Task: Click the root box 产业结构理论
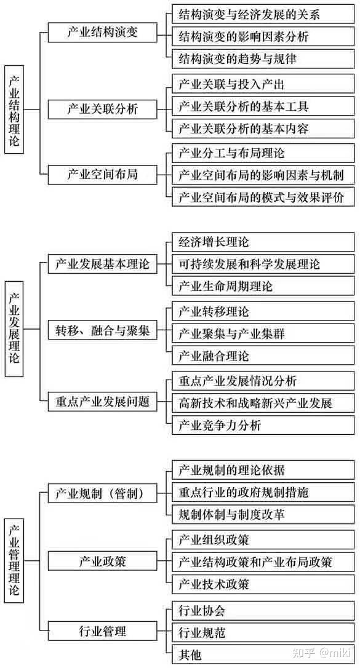(14, 109)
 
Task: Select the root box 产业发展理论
(14, 328)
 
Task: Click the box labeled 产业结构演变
(102, 33)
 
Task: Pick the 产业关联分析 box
(102, 109)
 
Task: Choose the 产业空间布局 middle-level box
(102, 174)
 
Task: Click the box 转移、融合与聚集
(102, 330)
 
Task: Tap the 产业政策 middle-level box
(102, 560)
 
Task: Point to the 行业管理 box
(102, 631)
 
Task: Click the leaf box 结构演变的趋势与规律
(263, 59)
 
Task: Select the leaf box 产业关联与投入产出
(263, 84)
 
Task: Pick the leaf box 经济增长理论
(263, 242)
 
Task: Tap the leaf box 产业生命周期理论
(263, 286)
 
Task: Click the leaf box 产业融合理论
(263, 356)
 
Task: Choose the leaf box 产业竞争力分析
(263, 425)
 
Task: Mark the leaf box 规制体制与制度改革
(263, 514)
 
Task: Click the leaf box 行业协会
(263, 611)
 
